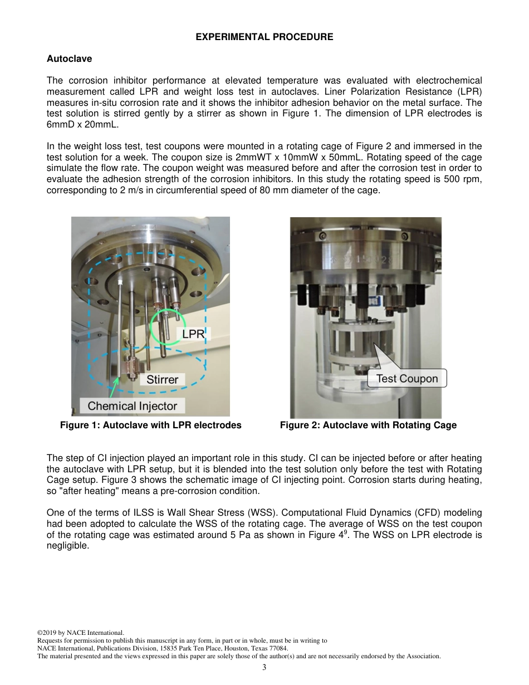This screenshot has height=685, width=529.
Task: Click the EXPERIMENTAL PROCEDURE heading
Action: (264, 37)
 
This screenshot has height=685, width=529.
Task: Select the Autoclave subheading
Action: (69, 59)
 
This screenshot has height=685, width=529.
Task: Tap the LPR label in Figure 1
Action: (193, 334)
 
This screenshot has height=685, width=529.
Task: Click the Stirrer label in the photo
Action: (162, 380)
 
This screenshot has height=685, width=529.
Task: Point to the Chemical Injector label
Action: (132, 406)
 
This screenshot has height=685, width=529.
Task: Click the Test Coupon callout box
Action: (407, 379)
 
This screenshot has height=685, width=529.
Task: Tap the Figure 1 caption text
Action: (150, 425)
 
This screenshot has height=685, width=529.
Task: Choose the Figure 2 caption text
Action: (368, 425)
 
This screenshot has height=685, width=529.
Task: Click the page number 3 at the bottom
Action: (264, 667)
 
